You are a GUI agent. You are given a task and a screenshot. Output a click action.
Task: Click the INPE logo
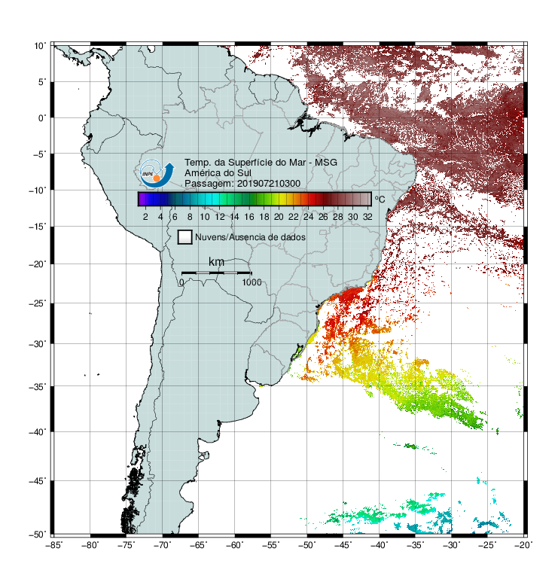(157, 173)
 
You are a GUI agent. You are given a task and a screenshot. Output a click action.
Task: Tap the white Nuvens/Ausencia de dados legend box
(185, 237)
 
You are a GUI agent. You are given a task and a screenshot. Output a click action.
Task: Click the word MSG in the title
(326, 163)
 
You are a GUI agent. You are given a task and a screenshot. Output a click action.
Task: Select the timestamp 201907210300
(269, 184)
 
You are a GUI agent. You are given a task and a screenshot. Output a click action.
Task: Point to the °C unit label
(380, 199)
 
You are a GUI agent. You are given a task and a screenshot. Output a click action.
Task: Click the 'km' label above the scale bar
(216, 261)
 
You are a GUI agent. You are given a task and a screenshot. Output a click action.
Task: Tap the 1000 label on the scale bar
(252, 282)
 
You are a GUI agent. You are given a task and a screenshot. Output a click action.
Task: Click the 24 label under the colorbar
(308, 217)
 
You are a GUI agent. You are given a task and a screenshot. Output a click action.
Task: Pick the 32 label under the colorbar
(367, 217)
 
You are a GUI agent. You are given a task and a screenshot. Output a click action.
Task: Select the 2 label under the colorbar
(145, 217)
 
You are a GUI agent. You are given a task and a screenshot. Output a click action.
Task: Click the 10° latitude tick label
(40, 46)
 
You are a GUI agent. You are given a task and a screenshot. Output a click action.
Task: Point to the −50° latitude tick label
(38, 534)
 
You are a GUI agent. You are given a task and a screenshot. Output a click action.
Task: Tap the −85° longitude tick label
(53, 545)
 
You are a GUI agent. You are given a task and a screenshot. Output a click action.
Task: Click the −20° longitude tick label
(523, 545)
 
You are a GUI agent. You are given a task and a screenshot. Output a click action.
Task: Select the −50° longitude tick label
(306, 545)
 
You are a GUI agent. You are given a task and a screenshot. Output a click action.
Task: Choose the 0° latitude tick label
(42, 118)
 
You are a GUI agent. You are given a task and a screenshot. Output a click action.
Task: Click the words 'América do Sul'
(218, 173)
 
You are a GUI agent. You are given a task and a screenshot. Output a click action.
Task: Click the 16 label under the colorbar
(249, 217)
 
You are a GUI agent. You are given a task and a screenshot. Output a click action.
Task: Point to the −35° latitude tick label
(38, 387)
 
